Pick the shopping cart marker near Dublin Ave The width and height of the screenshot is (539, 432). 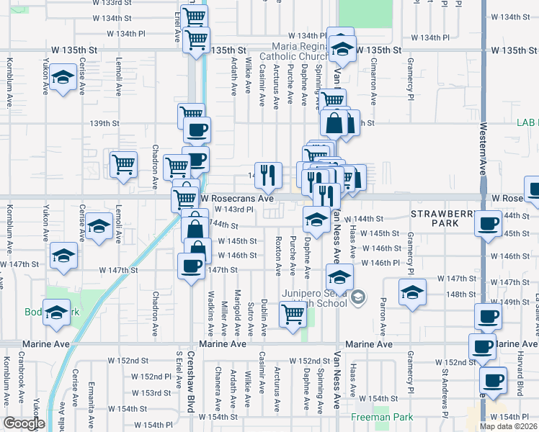click(293, 313)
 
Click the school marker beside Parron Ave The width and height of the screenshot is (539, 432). click(412, 291)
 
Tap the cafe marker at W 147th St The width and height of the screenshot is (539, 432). click(191, 265)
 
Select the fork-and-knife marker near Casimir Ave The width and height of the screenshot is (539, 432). click(267, 172)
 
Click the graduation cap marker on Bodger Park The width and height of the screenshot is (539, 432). click(56, 312)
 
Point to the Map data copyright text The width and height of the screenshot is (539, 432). click(509, 426)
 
